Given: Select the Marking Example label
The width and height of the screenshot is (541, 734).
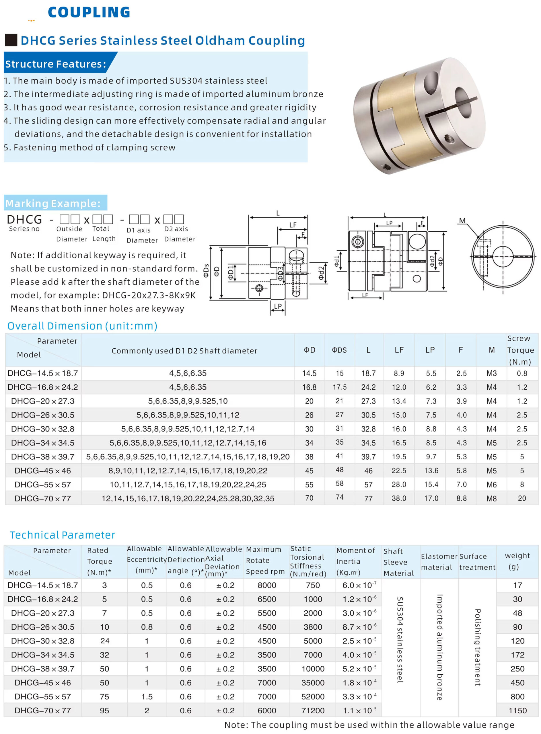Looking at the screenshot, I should (x=53, y=203).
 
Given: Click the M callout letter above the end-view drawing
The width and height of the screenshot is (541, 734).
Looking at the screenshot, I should (x=462, y=221).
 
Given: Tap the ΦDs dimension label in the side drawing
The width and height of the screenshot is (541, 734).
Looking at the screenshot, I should (x=206, y=271).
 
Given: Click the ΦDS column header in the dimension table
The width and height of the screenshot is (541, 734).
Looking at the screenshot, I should (x=339, y=350).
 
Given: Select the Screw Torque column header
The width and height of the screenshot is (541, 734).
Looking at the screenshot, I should (x=520, y=350).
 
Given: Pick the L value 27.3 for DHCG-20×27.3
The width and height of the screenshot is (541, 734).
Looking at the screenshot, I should (x=368, y=401).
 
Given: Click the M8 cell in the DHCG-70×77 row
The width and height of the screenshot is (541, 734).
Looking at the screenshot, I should (x=491, y=498).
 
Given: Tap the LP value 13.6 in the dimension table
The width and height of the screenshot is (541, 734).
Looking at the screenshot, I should (x=431, y=470).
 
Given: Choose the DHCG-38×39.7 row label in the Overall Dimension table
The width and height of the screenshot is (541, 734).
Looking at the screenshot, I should (x=42, y=456).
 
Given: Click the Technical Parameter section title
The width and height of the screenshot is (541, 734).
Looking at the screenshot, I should (x=62, y=535).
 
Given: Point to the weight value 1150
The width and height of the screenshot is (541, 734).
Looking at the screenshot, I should (x=517, y=710).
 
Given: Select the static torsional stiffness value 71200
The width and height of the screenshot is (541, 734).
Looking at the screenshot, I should (x=313, y=710).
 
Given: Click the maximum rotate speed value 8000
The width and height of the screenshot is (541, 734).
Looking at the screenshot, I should (x=266, y=585).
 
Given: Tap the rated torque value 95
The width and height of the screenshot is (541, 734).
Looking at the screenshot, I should (x=104, y=710).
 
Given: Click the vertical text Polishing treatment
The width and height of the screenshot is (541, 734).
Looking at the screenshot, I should (x=478, y=647).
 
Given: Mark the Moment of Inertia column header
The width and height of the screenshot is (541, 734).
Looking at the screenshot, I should (x=355, y=561).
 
